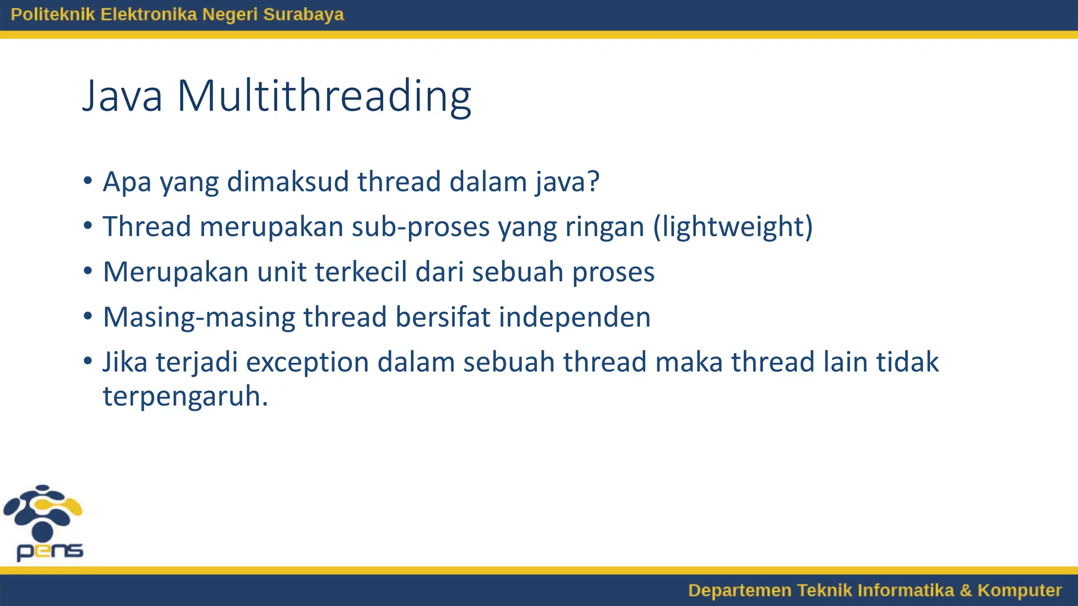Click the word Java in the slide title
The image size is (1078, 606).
pyautogui.click(x=122, y=96)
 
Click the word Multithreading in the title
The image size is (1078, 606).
pyautogui.click(x=324, y=96)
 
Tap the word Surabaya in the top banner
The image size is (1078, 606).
pyautogui.click(x=303, y=14)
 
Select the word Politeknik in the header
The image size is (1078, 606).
pyautogui.click(x=53, y=14)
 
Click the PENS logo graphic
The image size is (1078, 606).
pyautogui.click(x=43, y=522)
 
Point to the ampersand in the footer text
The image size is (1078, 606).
pyautogui.click(x=965, y=590)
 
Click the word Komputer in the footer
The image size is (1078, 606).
pyautogui.click(x=1019, y=590)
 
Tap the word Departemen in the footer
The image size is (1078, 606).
pyautogui.click(x=740, y=590)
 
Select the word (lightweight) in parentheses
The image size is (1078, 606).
pyautogui.click(x=733, y=227)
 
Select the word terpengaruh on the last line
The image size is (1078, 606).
pyautogui.click(x=185, y=397)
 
